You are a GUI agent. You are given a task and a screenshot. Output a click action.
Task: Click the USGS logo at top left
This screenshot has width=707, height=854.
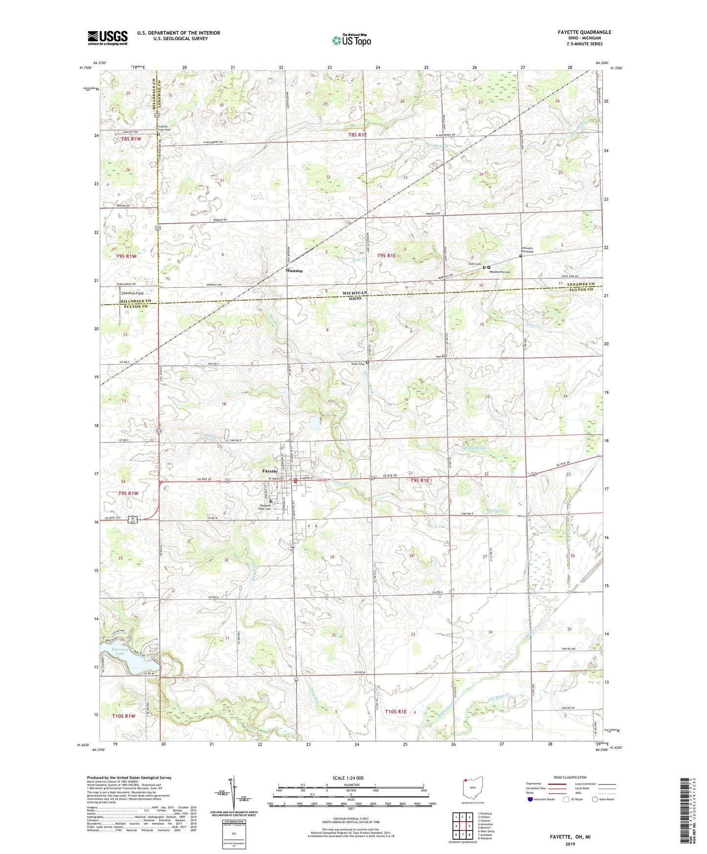[x=107, y=38]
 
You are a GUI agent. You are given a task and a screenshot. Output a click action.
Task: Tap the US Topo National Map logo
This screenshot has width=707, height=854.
[x=351, y=40]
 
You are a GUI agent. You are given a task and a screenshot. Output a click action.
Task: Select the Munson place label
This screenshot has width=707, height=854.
[x=294, y=270]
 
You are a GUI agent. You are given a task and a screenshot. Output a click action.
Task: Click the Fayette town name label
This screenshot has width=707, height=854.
[x=270, y=471]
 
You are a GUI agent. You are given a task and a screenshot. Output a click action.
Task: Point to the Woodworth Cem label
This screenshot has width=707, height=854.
[x=501, y=272]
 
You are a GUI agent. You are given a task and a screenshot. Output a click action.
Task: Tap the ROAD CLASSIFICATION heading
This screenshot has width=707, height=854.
[x=570, y=777]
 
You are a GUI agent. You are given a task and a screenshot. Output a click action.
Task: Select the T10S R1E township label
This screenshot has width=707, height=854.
[x=396, y=712]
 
